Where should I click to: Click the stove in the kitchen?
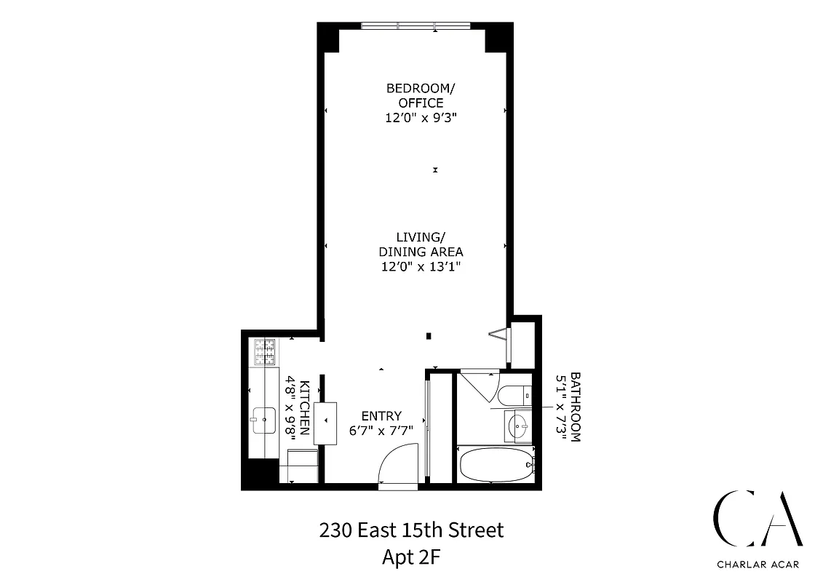(266, 352)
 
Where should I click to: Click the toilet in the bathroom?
(512, 394)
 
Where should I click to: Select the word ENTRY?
(381, 416)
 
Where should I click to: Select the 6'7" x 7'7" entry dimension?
(381, 430)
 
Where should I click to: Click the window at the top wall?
(416, 26)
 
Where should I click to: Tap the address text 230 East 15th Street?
(411, 530)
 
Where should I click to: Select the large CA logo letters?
(757, 518)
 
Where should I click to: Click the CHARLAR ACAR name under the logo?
(757, 562)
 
